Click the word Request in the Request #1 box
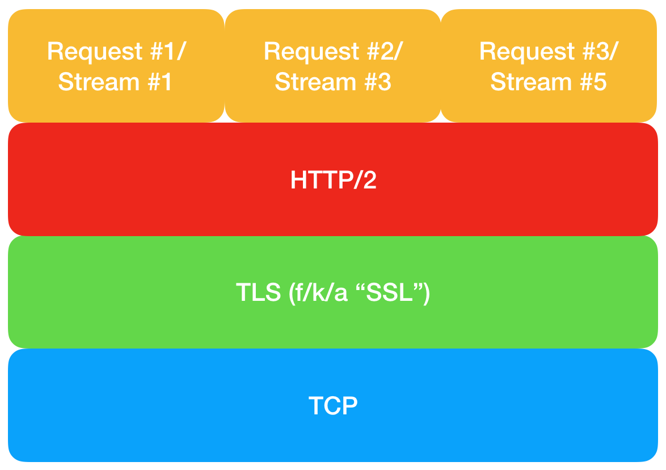tap(95, 52)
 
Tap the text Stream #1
tap(115, 82)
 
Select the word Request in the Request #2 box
tap(311, 52)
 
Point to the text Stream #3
tap(332, 82)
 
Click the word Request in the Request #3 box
tap(526, 52)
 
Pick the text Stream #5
tap(549, 82)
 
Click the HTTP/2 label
tap(333, 179)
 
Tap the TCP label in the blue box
tap(333, 405)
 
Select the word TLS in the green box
tap(258, 292)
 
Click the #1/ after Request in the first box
tap(168, 51)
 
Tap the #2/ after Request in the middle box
tap(385, 51)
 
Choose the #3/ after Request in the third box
tap(601, 51)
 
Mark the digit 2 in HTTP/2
tap(369, 179)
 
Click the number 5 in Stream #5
tap(600, 82)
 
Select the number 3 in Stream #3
tap(385, 82)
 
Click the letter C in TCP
tap(332, 405)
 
